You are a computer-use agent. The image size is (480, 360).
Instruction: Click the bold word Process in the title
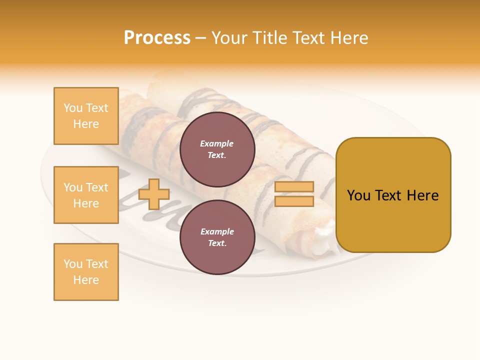pos(157,37)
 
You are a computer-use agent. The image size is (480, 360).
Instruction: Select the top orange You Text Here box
pos(86,116)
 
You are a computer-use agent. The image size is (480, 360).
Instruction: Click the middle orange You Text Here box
pos(86,195)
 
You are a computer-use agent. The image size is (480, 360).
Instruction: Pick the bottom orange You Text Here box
pos(86,272)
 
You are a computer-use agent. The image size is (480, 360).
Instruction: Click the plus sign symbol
pos(154,194)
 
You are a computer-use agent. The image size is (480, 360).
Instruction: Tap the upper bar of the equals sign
pos(294,187)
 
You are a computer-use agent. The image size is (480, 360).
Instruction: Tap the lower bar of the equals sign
pos(294,201)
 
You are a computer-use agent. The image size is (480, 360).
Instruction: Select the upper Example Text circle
pos(217,149)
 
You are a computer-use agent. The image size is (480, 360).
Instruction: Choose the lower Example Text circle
pos(217,237)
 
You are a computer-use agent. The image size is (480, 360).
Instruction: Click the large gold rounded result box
pos(393,195)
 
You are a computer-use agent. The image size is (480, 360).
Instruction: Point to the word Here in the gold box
pos(422,195)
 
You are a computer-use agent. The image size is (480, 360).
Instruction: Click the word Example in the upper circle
pos(217,143)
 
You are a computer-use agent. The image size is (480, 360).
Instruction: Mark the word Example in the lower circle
pos(217,231)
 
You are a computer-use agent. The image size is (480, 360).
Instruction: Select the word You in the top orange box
pos(72,108)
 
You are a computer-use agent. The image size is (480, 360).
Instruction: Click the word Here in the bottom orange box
pos(86,280)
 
